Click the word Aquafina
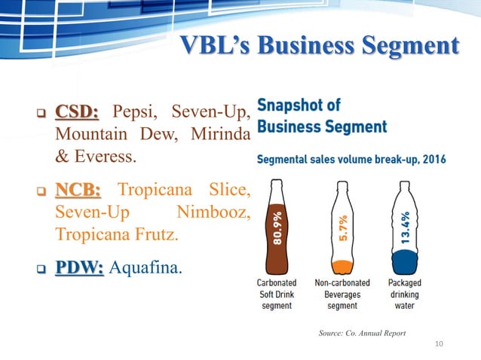coord(146,268)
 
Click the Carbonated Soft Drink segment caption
coord(277,294)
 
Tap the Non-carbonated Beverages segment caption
coord(342,294)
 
